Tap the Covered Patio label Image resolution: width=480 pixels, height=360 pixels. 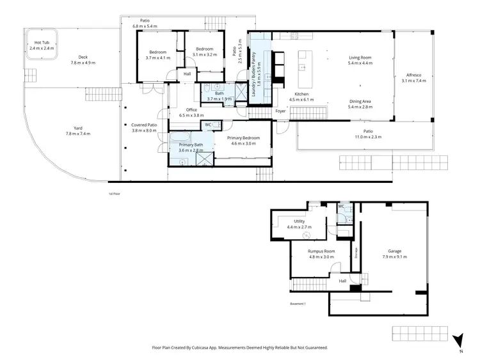point(143,124)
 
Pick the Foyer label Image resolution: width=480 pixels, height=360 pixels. point(280,111)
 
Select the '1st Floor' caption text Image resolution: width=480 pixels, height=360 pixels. point(115,192)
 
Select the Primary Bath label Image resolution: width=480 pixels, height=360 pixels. point(190,145)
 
